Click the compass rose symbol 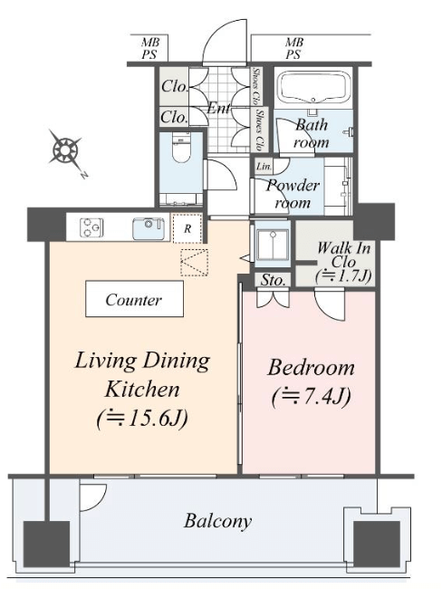pyautogui.click(x=66, y=151)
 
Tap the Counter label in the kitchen pyautogui.click(x=134, y=299)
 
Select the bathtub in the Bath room pyautogui.click(x=313, y=89)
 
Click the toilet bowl pyautogui.click(x=181, y=148)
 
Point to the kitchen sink pyautogui.click(x=148, y=228)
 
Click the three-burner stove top pyautogui.click(x=91, y=227)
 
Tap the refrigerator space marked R pyautogui.click(x=187, y=228)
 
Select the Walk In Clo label pyautogui.click(x=343, y=255)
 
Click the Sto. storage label pyautogui.click(x=273, y=280)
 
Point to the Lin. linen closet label pyautogui.click(x=264, y=166)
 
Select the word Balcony pyautogui.click(x=217, y=521)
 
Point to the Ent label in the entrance pyautogui.click(x=219, y=108)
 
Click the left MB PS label pyautogui.click(x=149, y=48)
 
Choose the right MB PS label pyautogui.click(x=294, y=48)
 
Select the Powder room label pyautogui.click(x=293, y=194)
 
